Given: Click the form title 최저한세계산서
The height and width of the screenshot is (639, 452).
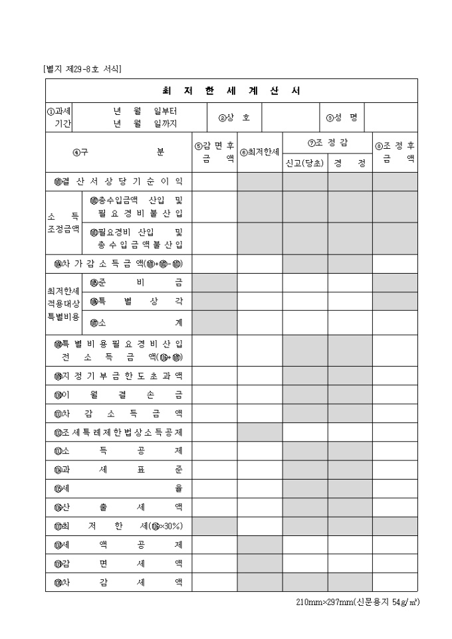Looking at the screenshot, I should [x=231, y=91].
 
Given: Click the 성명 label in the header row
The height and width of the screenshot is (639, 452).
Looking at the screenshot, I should [x=342, y=118].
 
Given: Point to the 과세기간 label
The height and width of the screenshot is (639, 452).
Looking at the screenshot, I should [x=60, y=118].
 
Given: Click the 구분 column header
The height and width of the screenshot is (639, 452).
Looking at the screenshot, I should [x=118, y=152].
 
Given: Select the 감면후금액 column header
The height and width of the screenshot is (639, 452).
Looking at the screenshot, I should [x=214, y=152].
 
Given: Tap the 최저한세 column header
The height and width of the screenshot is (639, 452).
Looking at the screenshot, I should [x=260, y=152].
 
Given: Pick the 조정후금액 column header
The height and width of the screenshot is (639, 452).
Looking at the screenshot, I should [x=395, y=152].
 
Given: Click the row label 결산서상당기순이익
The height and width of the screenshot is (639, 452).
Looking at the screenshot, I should [x=118, y=181].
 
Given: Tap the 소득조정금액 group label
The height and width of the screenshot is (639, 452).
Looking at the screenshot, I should [x=63, y=223].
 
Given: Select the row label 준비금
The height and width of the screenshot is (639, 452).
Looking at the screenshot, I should [x=136, y=282].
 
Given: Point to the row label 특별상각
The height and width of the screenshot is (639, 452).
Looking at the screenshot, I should [x=136, y=302].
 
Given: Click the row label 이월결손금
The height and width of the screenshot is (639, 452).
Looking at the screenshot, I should [x=118, y=395].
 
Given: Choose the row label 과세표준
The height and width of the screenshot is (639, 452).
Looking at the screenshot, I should [x=118, y=470].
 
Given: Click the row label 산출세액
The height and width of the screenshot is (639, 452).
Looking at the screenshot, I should [x=118, y=507].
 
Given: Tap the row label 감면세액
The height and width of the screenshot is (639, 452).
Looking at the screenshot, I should [x=118, y=563].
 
